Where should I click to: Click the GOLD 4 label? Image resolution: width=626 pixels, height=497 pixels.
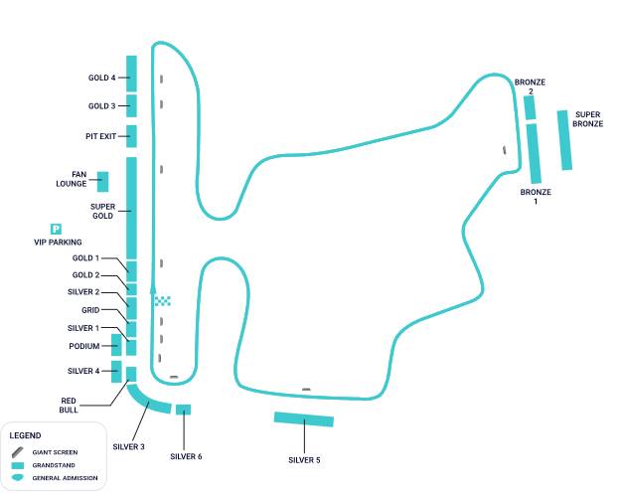(x=101, y=78)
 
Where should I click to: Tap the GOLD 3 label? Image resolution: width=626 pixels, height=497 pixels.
(x=101, y=106)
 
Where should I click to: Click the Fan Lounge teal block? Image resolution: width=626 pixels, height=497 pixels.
(x=102, y=181)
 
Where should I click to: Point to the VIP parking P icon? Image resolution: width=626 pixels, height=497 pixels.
(x=57, y=229)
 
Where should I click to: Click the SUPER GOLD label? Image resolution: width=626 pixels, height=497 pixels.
(x=102, y=211)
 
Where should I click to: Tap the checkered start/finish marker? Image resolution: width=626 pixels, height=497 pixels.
(x=163, y=300)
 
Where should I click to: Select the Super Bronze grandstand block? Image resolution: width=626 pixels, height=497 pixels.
(x=564, y=139)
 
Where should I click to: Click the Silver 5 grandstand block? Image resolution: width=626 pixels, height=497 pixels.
(x=303, y=419)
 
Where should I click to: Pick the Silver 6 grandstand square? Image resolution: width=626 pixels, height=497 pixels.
(x=183, y=410)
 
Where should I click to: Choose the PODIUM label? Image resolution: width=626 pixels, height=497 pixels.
(x=84, y=346)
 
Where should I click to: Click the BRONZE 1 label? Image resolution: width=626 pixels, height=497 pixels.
(x=536, y=196)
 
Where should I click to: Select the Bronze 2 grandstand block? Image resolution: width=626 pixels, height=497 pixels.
(x=530, y=107)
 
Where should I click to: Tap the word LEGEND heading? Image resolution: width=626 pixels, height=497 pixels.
(x=26, y=435)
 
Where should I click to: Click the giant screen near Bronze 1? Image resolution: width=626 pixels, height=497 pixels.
(x=505, y=150)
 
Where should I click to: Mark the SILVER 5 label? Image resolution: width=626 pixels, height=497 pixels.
(x=304, y=460)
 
